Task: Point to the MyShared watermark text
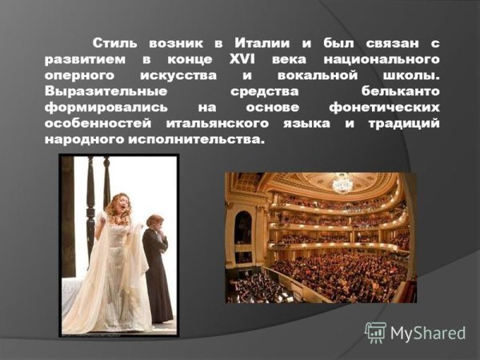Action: (429, 333)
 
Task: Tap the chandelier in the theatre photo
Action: (343, 183)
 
